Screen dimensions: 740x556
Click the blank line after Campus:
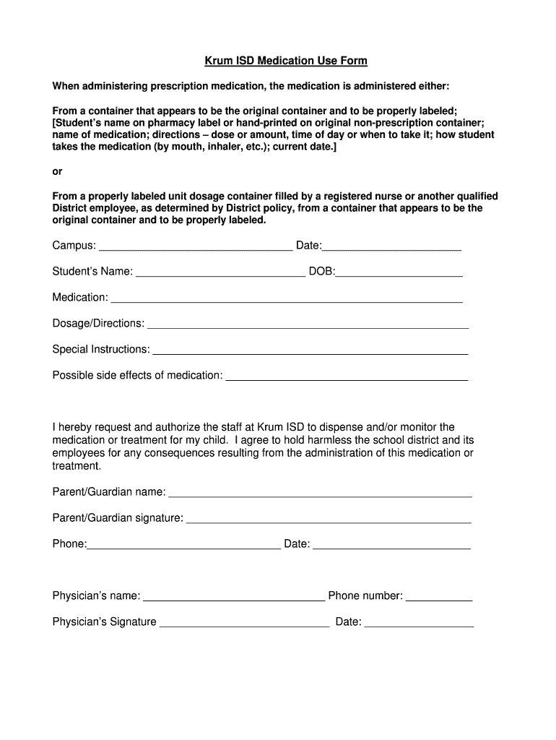coord(195,246)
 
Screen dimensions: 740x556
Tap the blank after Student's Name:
coord(220,272)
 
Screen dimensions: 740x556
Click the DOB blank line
coord(399,272)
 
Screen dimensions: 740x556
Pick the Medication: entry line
coord(287,298)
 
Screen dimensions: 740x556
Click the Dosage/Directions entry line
coord(308,324)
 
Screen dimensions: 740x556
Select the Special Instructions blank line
coord(310,350)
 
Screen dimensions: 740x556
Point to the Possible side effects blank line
coord(347,376)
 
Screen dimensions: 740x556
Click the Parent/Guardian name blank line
coord(320,493)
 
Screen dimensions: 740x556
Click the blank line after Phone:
coord(184,544)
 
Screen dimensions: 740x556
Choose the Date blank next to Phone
coord(391,544)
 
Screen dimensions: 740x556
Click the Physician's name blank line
coord(234,596)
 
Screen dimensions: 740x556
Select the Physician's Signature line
coord(244,622)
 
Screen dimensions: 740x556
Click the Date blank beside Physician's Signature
coord(420,622)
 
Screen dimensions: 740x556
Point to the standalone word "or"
coord(58,171)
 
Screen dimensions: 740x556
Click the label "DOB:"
coord(322,272)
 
